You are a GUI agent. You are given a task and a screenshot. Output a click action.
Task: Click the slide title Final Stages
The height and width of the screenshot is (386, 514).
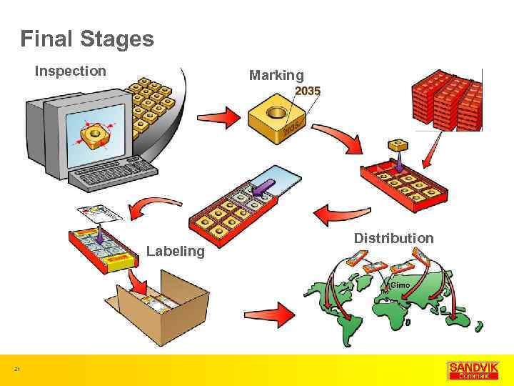coord(87,39)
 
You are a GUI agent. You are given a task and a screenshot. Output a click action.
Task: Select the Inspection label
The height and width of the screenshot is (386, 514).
coord(71,71)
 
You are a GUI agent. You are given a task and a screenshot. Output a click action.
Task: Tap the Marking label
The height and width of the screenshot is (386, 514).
coord(276,75)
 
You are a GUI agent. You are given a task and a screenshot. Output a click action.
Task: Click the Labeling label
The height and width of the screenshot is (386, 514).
coord(175,251)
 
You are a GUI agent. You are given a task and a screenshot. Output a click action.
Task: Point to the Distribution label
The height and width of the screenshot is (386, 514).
coord(393,238)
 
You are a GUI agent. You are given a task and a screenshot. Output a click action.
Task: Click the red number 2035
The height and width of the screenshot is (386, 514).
coord(308,91)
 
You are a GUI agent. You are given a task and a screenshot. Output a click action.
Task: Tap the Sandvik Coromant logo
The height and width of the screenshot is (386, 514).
coord(470,370)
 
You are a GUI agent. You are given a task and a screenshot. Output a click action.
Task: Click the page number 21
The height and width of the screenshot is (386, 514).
coord(17,369)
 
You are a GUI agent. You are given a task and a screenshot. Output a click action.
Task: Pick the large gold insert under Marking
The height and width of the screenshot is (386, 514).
coord(276,119)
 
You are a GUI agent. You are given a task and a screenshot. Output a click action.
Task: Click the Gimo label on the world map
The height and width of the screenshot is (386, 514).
coord(400,285)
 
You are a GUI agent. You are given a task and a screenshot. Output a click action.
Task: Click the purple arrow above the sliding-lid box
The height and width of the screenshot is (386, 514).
coord(261,187)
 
